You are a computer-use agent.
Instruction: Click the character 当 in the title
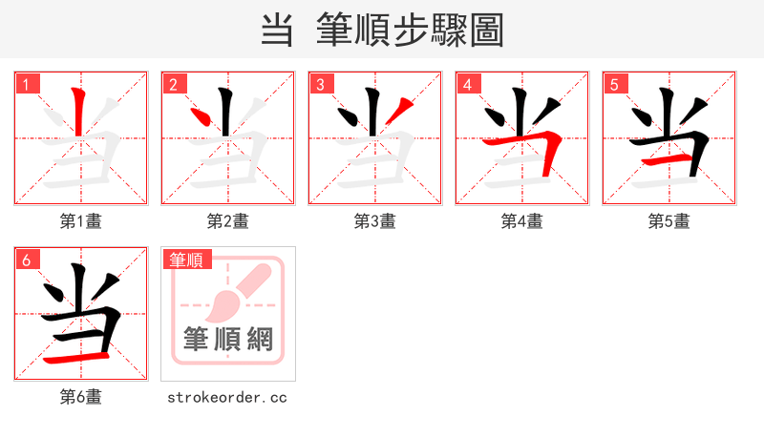click(x=277, y=30)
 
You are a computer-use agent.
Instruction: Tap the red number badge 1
click(x=26, y=84)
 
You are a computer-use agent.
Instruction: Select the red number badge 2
click(x=173, y=84)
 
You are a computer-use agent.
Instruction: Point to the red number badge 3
click(x=320, y=84)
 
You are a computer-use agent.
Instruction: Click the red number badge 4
click(x=467, y=84)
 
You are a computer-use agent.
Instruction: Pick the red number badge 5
click(x=614, y=84)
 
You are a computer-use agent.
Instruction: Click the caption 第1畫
click(x=80, y=221)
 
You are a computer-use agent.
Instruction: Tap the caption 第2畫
click(x=227, y=221)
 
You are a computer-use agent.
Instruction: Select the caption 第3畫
click(x=374, y=221)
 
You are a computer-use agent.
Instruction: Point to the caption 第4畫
click(x=521, y=221)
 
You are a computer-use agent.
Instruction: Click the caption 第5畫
click(x=668, y=221)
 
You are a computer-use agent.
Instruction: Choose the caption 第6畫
click(x=80, y=397)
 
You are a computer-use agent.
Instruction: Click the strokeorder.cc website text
click(x=227, y=397)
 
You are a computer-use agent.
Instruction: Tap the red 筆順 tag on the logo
click(x=187, y=260)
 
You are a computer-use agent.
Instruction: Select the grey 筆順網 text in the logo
click(x=228, y=340)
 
